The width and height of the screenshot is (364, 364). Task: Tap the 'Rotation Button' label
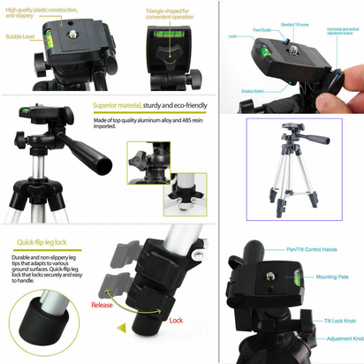[253, 91]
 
